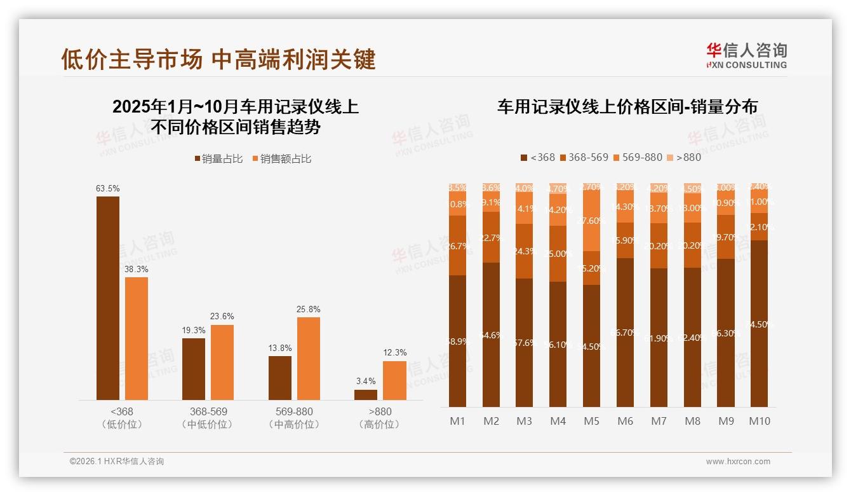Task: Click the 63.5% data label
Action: pos(108,189)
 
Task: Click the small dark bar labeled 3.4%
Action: pos(366,395)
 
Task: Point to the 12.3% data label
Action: pos(394,353)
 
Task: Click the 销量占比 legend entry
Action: pos(218,159)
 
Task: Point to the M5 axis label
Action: pos(591,421)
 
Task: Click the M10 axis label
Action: pos(759,421)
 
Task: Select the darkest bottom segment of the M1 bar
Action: pos(457,341)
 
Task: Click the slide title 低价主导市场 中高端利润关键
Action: pos(218,59)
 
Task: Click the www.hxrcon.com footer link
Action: pos(738,462)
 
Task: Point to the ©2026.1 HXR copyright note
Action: pos(117,462)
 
